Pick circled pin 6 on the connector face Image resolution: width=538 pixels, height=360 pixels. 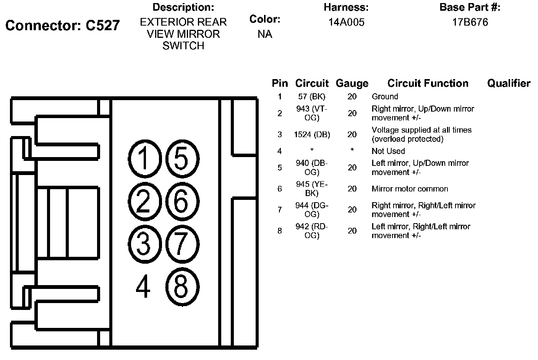[x=182, y=201]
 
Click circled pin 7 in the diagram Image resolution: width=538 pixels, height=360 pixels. [x=182, y=244]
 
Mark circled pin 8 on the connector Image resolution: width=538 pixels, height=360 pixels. [x=182, y=287]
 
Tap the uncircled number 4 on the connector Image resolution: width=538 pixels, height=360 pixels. [x=143, y=287]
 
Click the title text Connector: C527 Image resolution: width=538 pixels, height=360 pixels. [x=63, y=26]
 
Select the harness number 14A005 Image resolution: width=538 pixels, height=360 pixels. [x=346, y=22]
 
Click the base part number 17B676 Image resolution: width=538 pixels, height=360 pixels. [x=470, y=22]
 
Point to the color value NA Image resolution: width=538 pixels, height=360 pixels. [x=265, y=34]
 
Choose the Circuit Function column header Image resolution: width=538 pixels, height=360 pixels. [x=428, y=83]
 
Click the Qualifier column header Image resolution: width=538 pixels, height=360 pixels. [x=509, y=83]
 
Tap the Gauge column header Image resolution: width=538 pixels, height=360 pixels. [x=352, y=83]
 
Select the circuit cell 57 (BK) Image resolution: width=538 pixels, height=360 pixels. [x=312, y=97]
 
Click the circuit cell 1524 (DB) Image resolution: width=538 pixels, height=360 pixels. [x=312, y=135]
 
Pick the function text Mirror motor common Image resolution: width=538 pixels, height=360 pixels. [x=410, y=189]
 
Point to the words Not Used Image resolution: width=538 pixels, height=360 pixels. [x=388, y=151]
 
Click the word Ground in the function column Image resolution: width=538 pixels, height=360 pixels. [x=385, y=97]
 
